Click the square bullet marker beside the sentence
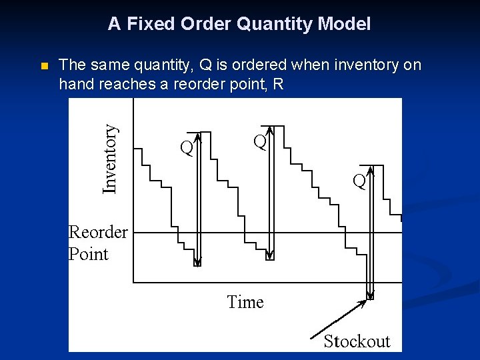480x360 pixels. [44, 66]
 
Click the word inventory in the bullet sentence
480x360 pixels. [359, 65]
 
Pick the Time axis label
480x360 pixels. [245, 302]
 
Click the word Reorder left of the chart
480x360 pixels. [98, 232]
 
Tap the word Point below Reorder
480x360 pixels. [88, 254]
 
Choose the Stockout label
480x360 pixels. [357, 341]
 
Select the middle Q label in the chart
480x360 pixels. [259, 142]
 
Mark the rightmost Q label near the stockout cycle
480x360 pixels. [359, 181]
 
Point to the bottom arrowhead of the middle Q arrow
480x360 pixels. [269, 256]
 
